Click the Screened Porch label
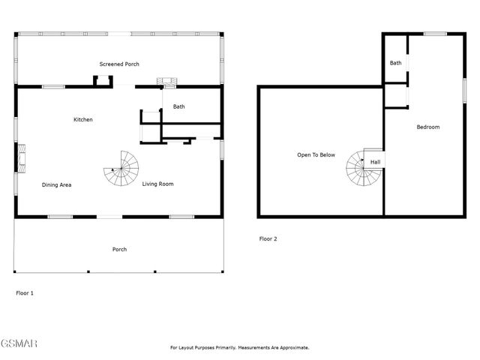tap(119, 64)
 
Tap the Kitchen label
tap(83, 120)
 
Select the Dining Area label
tap(56, 184)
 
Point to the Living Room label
tap(158, 184)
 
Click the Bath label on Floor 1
tap(178, 106)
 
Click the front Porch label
tap(119, 250)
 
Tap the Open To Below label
tap(316, 155)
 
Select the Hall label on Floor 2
tap(375, 162)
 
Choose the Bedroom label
tap(428, 127)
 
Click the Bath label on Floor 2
tap(395, 63)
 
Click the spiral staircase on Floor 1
tap(121, 169)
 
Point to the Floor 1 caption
tap(25, 293)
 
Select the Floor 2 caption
tap(268, 239)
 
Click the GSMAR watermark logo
tap(19, 344)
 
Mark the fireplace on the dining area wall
tap(20, 158)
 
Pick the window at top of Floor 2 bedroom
tap(434, 34)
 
